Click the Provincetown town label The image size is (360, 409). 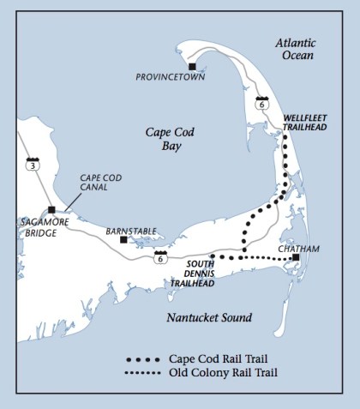click(x=165, y=77)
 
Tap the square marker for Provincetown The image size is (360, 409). click(x=193, y=66)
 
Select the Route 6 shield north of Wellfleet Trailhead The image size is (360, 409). click(x=262, y=104)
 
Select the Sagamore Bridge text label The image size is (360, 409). click(x=37, y=226)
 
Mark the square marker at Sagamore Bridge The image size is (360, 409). click(x=51, y=209)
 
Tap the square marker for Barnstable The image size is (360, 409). click(x=124, y=240)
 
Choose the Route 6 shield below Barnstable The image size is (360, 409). click(x=159, y=256)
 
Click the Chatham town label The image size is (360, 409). click(x=299, y=249)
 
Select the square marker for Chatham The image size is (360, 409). click(x=295, y=257)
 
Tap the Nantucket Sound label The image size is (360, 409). click(x=210, y=317)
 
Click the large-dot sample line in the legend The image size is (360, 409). click(x=149, y=358)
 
